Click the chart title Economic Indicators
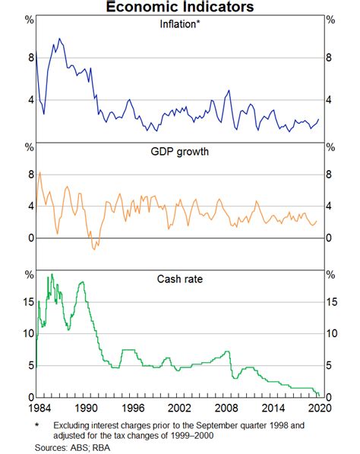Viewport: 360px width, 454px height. [x=180, y=7]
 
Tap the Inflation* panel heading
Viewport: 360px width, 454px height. [x=180, y=24]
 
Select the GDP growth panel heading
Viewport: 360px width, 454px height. [x=180, y=151]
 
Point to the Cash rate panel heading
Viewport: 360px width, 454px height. [x=180, y=279]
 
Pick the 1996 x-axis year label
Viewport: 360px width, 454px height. [x=131, y=408]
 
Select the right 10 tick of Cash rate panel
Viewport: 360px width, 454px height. [x=333, y=333]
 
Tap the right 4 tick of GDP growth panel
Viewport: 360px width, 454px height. [x=330, y=206]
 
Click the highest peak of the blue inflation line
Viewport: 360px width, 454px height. [x=59, y=39]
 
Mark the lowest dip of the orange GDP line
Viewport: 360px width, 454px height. [x=94, y=249]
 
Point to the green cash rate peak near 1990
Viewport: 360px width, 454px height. [x=81, y=282]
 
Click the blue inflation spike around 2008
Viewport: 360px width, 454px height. [x=228, y=91]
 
